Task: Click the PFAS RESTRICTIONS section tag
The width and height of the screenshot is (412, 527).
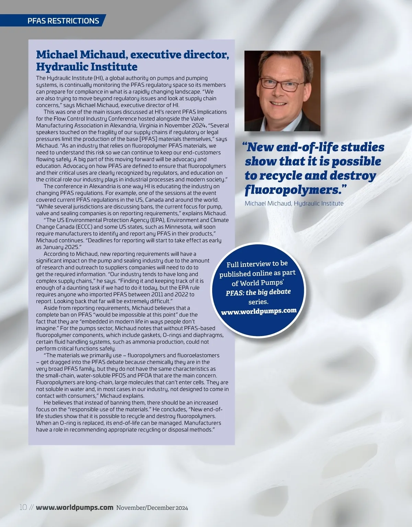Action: tap(63, 21)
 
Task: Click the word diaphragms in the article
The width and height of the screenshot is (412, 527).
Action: tap(209, 335)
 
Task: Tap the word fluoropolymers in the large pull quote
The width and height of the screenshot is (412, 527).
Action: tap(294, 189)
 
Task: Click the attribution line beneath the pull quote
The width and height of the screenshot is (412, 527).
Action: tap(294, 203)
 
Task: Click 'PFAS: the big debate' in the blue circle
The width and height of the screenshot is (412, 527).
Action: tap(258, 292)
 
